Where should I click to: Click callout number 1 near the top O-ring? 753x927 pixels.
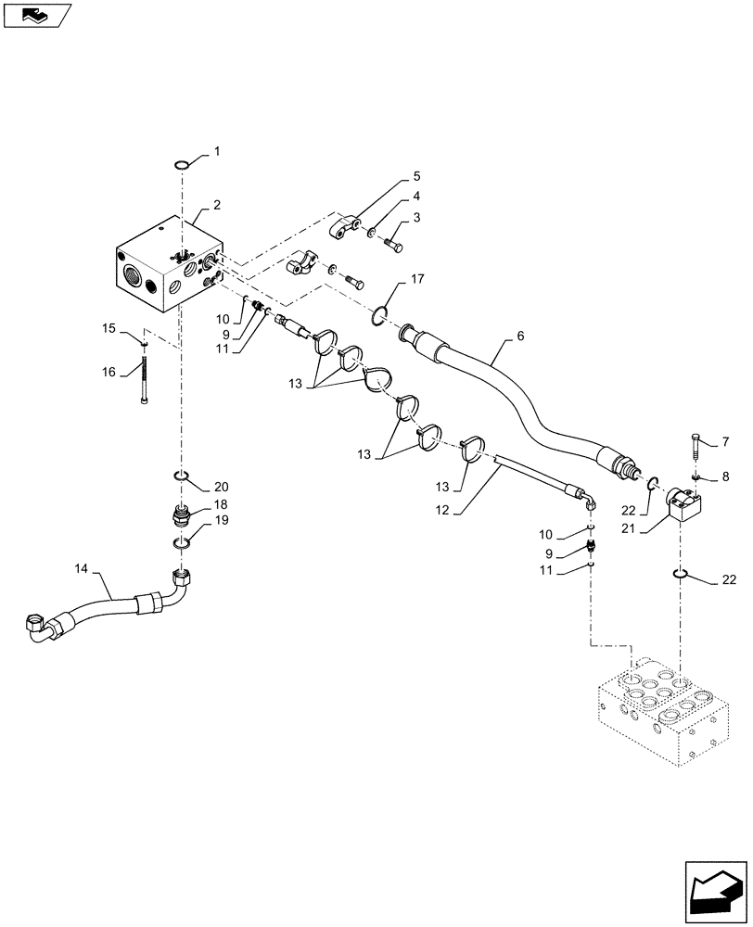point(217,150)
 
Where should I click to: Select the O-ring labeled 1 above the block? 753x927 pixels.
point(182,166)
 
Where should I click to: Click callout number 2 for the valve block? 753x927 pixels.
point(216,205)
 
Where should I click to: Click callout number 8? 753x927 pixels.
point(726,476)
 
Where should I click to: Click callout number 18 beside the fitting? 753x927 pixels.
point(221,504)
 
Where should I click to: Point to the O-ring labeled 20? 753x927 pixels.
point(182,478)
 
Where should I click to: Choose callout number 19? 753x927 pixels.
point(221,521)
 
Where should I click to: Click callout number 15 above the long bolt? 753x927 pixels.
point(108,328)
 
